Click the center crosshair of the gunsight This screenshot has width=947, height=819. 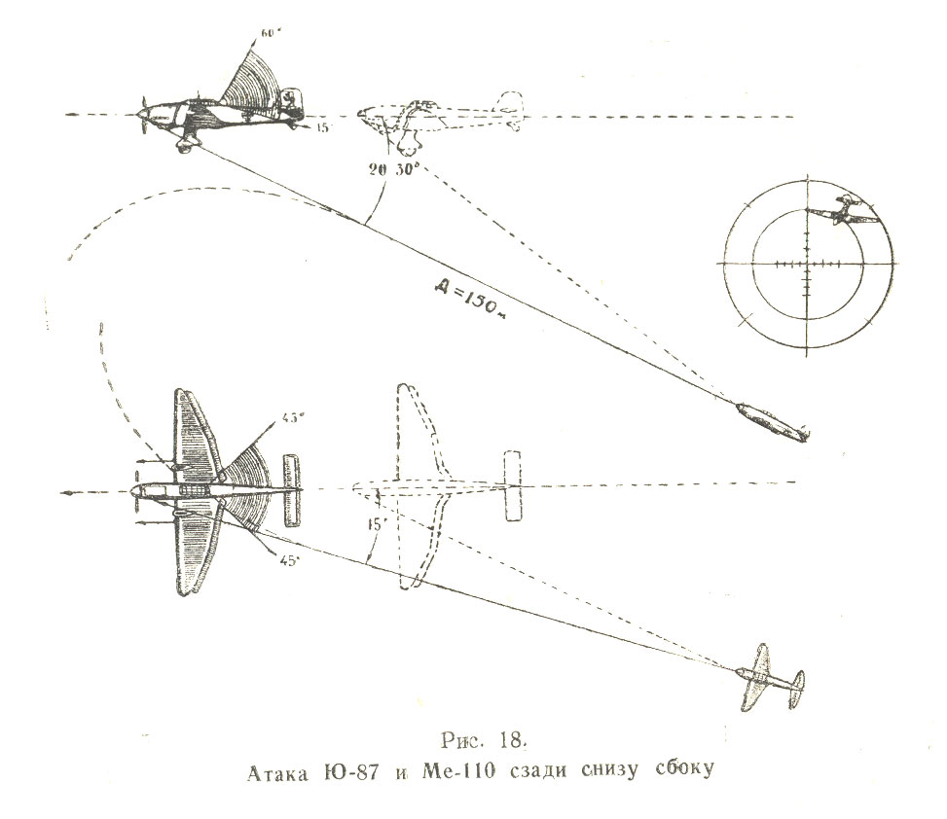click(x=807, y=264)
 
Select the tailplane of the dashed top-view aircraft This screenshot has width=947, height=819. click(x=513, y=485)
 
